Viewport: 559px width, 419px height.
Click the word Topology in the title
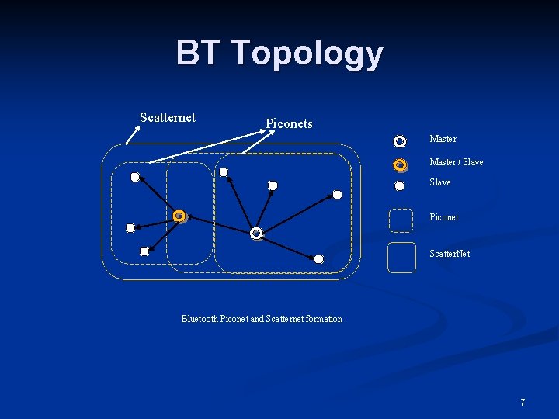pos(307,54)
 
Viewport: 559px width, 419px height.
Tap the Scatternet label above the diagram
pos(168,118)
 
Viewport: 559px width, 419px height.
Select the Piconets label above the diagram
pos(289,123)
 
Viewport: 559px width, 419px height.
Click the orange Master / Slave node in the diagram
pos(179,216)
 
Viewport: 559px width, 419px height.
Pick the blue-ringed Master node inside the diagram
pos(256,233)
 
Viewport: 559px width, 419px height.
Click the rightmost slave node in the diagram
pos(337,194)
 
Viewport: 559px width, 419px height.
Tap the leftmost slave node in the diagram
pos(130,228)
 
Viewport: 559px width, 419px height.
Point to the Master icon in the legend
pos(400,141)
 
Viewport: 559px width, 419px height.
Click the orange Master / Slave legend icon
pos(400,164)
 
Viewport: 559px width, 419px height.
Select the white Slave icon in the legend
pos(400,185)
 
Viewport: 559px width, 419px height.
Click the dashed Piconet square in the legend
pos(401,220)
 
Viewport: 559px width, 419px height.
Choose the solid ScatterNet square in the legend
pos(401,258)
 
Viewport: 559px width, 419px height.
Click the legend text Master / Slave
pos(457,162)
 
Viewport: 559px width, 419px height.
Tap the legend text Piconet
pos(444,217)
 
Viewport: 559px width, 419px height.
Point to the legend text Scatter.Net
pos(450,254)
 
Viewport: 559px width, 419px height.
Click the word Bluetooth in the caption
pos(200,319)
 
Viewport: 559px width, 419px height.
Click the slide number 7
pos(523,402)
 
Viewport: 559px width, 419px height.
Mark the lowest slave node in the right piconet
pos(318,259)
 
